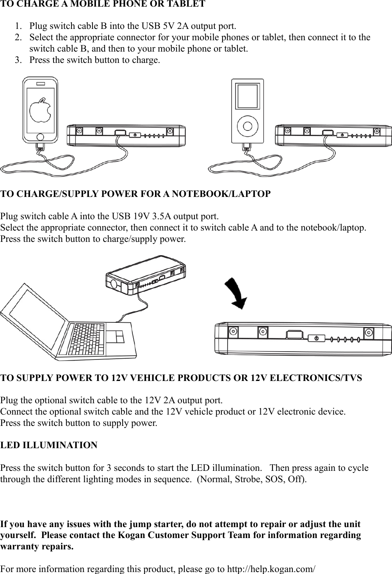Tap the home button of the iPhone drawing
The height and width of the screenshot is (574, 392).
(40, 137)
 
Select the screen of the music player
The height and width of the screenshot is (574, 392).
(248, 96)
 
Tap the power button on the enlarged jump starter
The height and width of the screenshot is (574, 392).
(316, 337)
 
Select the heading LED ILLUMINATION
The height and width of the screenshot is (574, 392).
(49, 445)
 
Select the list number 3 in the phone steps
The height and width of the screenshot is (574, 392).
(18, 60)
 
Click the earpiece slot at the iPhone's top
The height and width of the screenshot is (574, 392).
(40, 84)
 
